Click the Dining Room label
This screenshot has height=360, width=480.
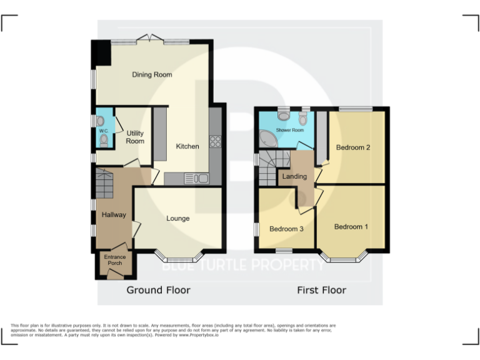[152, 75]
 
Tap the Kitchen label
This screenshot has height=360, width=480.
[187, 146]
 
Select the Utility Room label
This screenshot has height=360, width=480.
[135, 137]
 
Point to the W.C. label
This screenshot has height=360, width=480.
[103, 131]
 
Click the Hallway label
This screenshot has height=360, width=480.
[114, 215]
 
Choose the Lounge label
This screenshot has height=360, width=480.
[178, 219]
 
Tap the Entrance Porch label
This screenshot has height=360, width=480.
[115, 259]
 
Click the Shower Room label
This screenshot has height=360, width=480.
[290, 130]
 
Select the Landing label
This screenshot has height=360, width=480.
[294, 177]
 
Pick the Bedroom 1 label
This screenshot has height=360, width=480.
[351, 226]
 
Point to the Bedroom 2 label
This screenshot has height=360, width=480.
[354, 148]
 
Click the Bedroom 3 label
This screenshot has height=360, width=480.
[286, 229]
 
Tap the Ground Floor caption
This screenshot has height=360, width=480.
[159, 290]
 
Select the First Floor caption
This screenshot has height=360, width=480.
[321, 290]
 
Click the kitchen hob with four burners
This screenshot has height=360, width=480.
[216, 142]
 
